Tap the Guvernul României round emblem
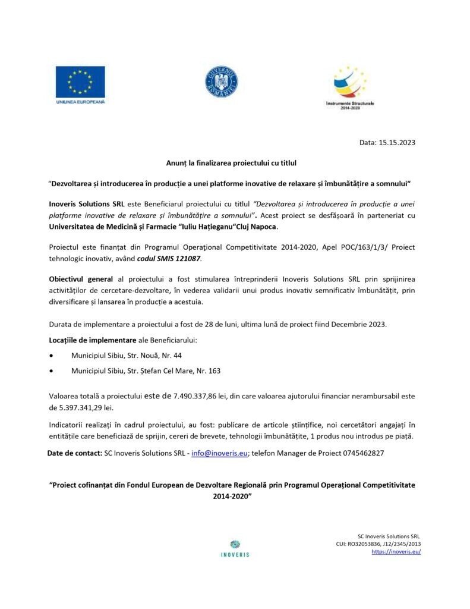pyautogui.click(x=222, y=83)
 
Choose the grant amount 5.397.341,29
pyautogui.click(x=84, y=408)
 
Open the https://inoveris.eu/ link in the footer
pyautogui.click(x=396, y=552)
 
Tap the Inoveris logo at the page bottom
pyautogui.click(x=235, y=548)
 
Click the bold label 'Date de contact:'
pyautogui.click(x=74, y=453)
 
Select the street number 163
pyautogui.click(x=213, y=371)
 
